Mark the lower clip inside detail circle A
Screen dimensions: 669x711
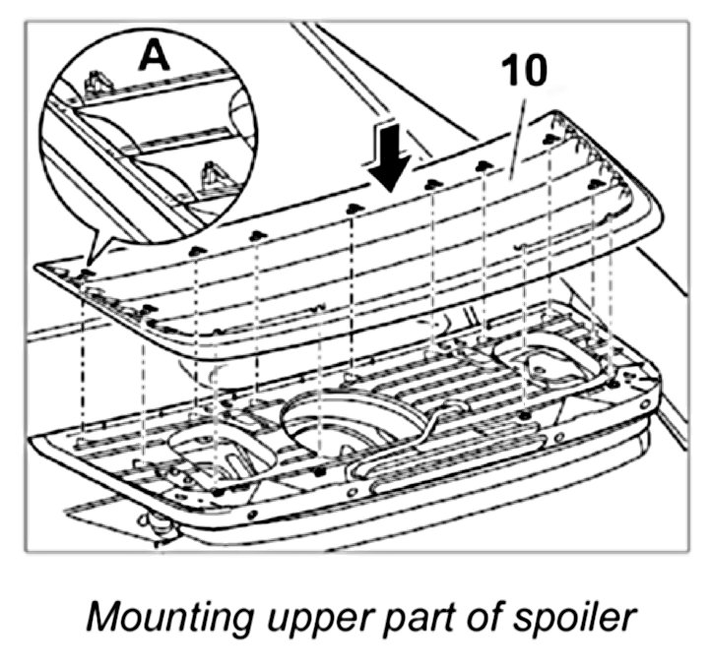211,178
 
